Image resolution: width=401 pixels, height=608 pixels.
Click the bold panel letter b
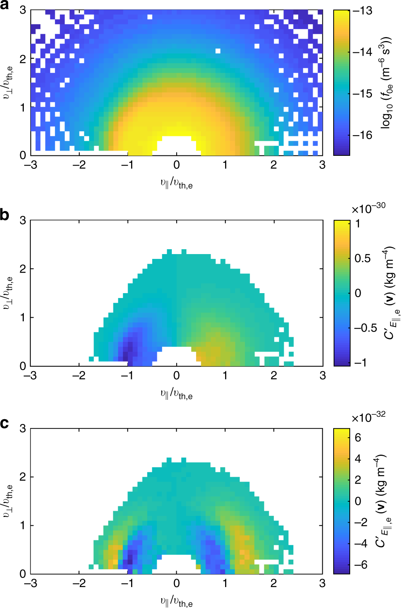click(5, 215)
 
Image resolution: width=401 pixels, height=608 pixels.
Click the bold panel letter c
click(5, 423)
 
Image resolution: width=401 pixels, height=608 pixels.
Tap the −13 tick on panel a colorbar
click(362, 11)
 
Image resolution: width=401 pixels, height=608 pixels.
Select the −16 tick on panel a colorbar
click(362, 135)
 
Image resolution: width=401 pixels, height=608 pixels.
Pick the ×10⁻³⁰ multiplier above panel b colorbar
click(368, 208)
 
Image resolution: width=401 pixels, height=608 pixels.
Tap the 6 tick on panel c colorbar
click(358, 438)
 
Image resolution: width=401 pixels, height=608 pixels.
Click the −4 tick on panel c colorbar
click(361, 544)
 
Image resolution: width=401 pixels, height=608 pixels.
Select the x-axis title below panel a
click(176, 184)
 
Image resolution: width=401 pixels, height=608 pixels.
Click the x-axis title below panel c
click(176, 602)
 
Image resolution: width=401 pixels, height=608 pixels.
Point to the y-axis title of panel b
click(8, 293)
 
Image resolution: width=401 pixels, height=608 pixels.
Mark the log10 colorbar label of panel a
click(386, 83)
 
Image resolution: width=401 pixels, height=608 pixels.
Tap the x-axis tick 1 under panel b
click(225, 376)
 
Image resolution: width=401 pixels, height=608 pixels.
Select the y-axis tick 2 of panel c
click(23, 477)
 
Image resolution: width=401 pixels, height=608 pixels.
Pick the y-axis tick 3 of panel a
click(23, 10)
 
